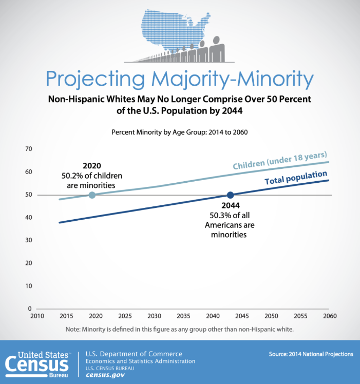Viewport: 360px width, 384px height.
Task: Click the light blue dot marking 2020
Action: [92, 195]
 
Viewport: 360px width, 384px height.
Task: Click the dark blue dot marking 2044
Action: [230, 195]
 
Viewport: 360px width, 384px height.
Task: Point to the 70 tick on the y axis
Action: [29, 149]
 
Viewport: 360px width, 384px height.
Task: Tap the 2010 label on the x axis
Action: [37, 315]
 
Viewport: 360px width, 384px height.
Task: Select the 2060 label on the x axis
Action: [329, 315]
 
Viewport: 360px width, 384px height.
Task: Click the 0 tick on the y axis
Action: [30, 309]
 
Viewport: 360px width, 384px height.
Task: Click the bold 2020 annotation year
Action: [92, 166]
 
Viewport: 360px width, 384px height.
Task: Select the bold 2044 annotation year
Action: [230, 205]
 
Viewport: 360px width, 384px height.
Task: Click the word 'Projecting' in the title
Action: [99, 79]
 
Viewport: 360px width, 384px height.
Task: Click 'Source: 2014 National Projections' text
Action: [311, 354]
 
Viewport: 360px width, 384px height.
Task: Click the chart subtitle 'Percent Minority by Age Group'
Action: [179, 132]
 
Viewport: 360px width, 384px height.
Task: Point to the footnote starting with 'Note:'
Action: [179, 329]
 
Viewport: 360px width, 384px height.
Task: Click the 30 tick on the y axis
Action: [29, 240]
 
